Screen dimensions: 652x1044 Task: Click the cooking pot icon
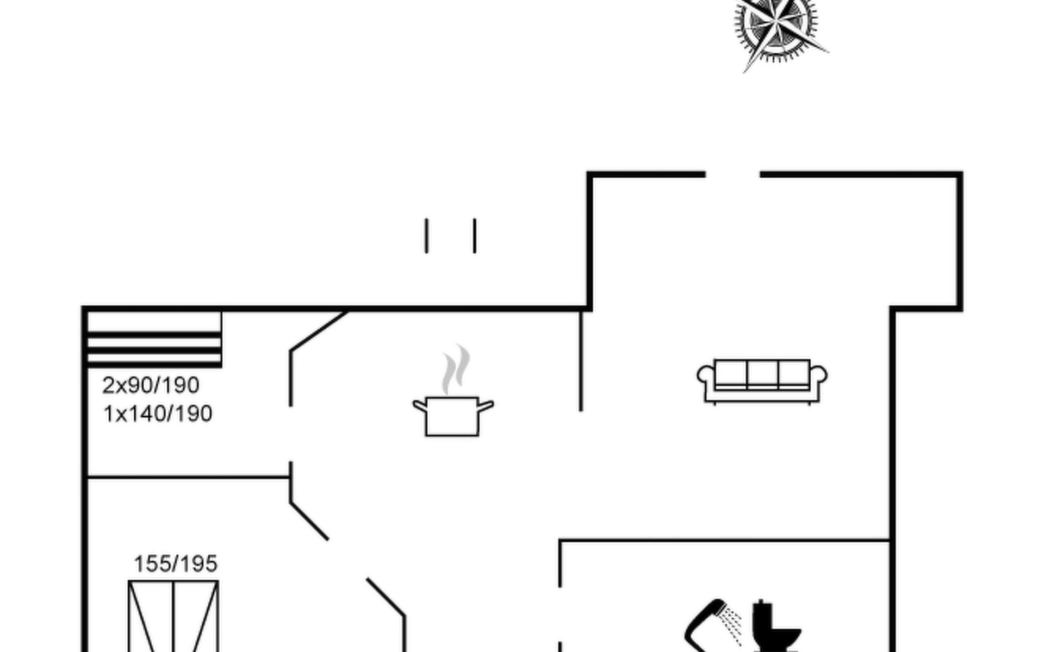[452, 416]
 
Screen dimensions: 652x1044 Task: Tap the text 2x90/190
[151, 385]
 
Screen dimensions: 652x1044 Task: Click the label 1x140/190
[158, 414]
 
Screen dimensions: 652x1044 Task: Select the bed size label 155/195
[176, 564]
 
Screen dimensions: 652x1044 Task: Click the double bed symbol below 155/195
[173, 617]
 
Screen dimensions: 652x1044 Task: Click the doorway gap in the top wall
[732, 174]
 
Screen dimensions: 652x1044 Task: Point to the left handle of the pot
[419, 405]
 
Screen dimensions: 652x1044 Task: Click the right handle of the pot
[486, 405]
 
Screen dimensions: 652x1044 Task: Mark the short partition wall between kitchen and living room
[581, 361]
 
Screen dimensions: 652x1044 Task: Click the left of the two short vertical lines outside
[426, 236]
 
